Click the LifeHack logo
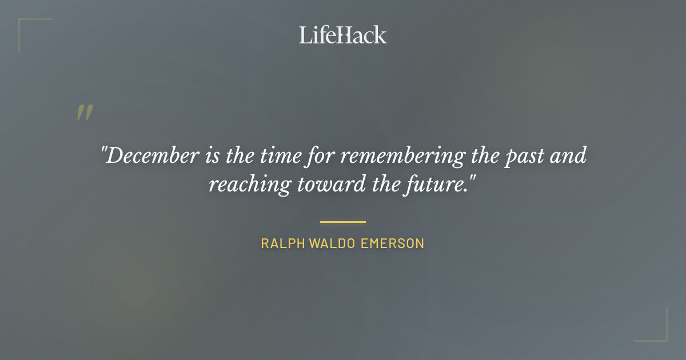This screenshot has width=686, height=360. [343, 35]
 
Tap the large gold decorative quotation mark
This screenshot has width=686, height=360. [85, 113]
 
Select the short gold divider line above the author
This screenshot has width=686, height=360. [343, 222]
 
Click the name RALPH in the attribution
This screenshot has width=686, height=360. [283, 243]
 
